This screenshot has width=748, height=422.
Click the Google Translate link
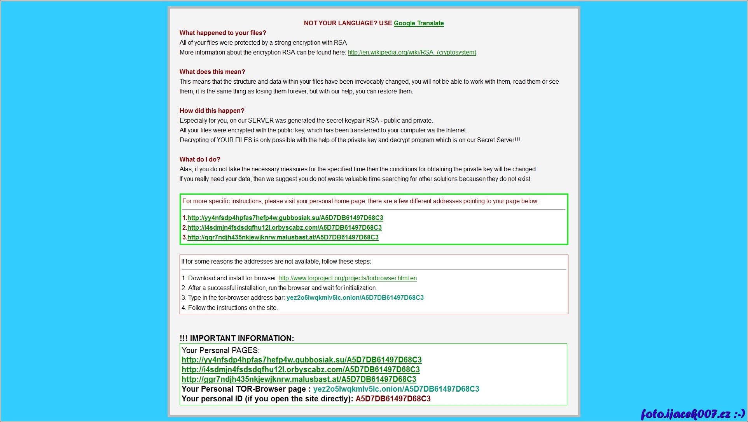click(x=419, y=23)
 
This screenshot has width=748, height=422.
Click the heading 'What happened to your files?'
click(x=223, y=33)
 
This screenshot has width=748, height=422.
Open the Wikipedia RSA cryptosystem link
click(x=412, y=53)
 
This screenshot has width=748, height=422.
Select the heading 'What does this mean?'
click(x=212, y=72)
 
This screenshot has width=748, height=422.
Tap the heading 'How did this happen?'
click(x=212, y=111)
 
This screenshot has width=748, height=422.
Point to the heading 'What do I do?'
click(x=200, y=160)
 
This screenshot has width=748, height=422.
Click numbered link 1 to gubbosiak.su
click(x=285, y=218)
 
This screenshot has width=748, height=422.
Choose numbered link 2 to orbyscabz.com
click(x=284, y=228)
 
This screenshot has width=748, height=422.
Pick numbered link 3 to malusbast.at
click(x=283, y=237)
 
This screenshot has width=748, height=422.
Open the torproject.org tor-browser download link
click(x=348, y=278)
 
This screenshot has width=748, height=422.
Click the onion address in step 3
click(x=355, y=298)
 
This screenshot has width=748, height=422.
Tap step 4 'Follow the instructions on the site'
click(x=232, y=308)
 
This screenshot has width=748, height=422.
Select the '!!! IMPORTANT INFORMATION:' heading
click(x=237, y=338)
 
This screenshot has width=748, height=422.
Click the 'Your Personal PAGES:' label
click(x=220, y=350)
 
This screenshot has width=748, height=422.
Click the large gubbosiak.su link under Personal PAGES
click(x=301, y=360)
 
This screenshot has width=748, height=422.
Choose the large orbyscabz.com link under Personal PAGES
click(x=301, y=370)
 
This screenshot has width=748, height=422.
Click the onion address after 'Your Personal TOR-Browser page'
click(x=396, y=389)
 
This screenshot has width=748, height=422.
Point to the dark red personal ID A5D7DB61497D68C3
click(x=393, y=399)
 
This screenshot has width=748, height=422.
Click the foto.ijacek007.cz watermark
click(x=692, y=414)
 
